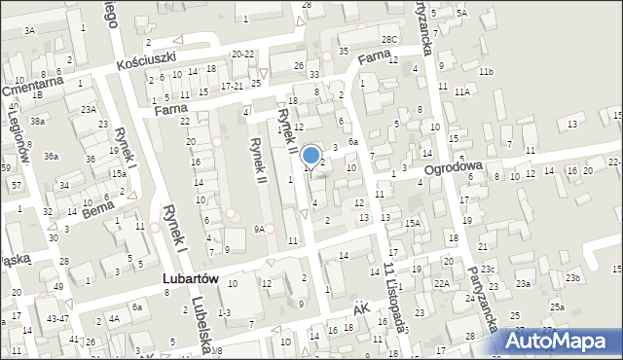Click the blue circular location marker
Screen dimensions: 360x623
(311, 155)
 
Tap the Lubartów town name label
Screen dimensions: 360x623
(190, 278)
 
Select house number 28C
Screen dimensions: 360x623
(390, 39)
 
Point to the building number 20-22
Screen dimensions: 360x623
(243, 54)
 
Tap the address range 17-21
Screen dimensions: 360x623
(232, 86)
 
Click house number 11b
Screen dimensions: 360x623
(486, 72)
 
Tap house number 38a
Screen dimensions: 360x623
(37, 121)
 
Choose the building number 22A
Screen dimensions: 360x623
(441, 283)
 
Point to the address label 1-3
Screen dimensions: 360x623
(224, 311)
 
